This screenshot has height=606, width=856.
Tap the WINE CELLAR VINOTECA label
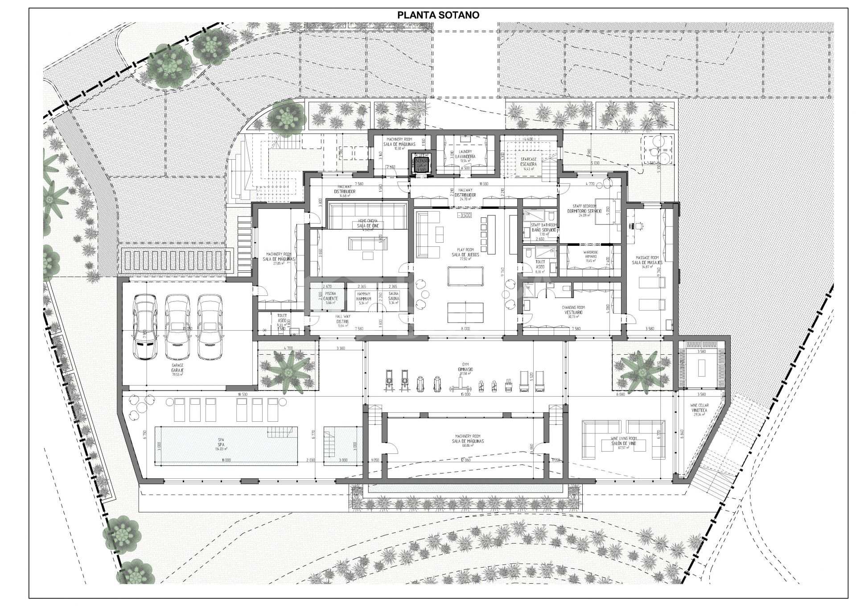pos(700,408)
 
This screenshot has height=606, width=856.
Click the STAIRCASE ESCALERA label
pos(528,162)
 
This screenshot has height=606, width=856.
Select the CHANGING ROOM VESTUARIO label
pos(574,310)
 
